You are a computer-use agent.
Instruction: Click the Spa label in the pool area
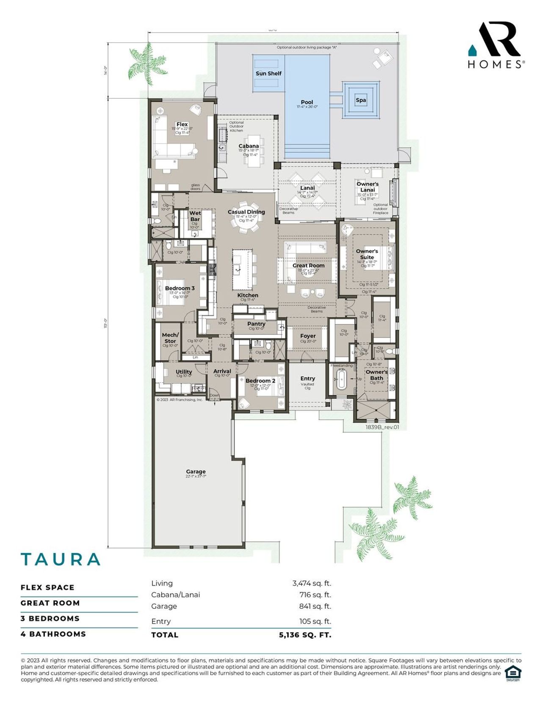(360, 100)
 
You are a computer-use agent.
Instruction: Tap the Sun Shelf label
(268, 73)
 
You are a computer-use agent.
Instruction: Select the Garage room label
(196, 472)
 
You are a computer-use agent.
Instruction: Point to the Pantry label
(256, 324)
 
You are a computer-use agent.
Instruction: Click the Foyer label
(308, 336)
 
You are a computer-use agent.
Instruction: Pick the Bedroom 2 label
(260, 380)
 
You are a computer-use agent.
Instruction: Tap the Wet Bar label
(195, 216)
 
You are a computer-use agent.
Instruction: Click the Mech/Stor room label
(170, 338)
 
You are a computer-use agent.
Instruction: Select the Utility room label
(184, 372)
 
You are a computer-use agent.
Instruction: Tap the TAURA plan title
(61, 559)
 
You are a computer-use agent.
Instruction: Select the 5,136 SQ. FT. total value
(305, 635)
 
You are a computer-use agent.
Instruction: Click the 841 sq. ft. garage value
(315, 606)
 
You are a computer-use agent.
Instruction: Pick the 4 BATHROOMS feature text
(53, 634)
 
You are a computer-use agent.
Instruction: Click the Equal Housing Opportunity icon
(513, 673)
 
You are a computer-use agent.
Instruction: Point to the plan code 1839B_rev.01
(382, 427)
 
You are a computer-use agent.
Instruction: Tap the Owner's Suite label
(367, 254)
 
